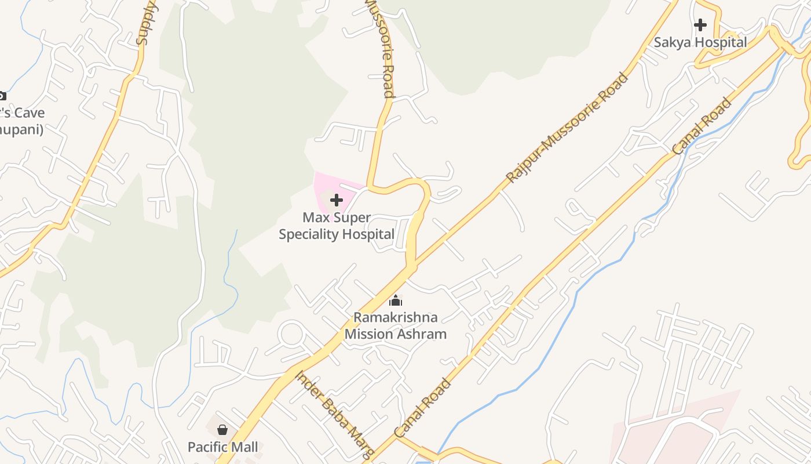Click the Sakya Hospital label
point(700,42)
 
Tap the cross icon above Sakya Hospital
point(700,25)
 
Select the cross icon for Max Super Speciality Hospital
point(336,200)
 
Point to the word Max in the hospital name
point(313,218)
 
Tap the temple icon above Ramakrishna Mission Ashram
point(396,300)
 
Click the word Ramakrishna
point(396,317)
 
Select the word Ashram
point(421,334)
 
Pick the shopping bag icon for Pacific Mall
point(222,430)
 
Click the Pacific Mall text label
point(223,447)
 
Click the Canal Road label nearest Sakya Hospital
point(702,127)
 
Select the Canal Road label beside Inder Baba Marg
point(422,408)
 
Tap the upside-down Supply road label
point(146,23)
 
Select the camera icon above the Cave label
point(2,96)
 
